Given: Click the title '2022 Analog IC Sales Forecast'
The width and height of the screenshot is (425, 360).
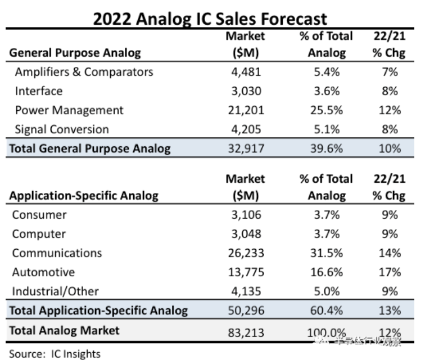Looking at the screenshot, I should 210,19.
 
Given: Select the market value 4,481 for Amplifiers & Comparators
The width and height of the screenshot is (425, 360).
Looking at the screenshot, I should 245,72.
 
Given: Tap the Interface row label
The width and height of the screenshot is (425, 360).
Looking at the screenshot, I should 39,91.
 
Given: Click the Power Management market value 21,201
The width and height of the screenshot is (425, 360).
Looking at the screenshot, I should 245,110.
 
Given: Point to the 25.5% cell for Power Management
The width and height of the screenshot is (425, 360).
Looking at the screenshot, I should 327,110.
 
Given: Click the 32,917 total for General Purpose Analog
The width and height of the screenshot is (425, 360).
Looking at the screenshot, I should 245,148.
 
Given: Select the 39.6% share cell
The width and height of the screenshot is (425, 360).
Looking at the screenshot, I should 327,148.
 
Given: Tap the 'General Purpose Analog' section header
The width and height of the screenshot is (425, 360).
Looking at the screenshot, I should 75,53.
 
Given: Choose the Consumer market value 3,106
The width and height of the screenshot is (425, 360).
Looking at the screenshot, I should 245,215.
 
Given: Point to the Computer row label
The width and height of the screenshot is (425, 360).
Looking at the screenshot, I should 39,234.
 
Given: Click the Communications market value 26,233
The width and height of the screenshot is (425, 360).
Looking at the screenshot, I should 245,253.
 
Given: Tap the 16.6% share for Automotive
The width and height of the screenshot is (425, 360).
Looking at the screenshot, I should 327,272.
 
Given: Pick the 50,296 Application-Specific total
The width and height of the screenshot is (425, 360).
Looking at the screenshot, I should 245,310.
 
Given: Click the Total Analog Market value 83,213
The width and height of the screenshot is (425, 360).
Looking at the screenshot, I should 245,330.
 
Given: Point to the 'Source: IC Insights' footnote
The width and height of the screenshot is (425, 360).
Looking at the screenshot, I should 55,354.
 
